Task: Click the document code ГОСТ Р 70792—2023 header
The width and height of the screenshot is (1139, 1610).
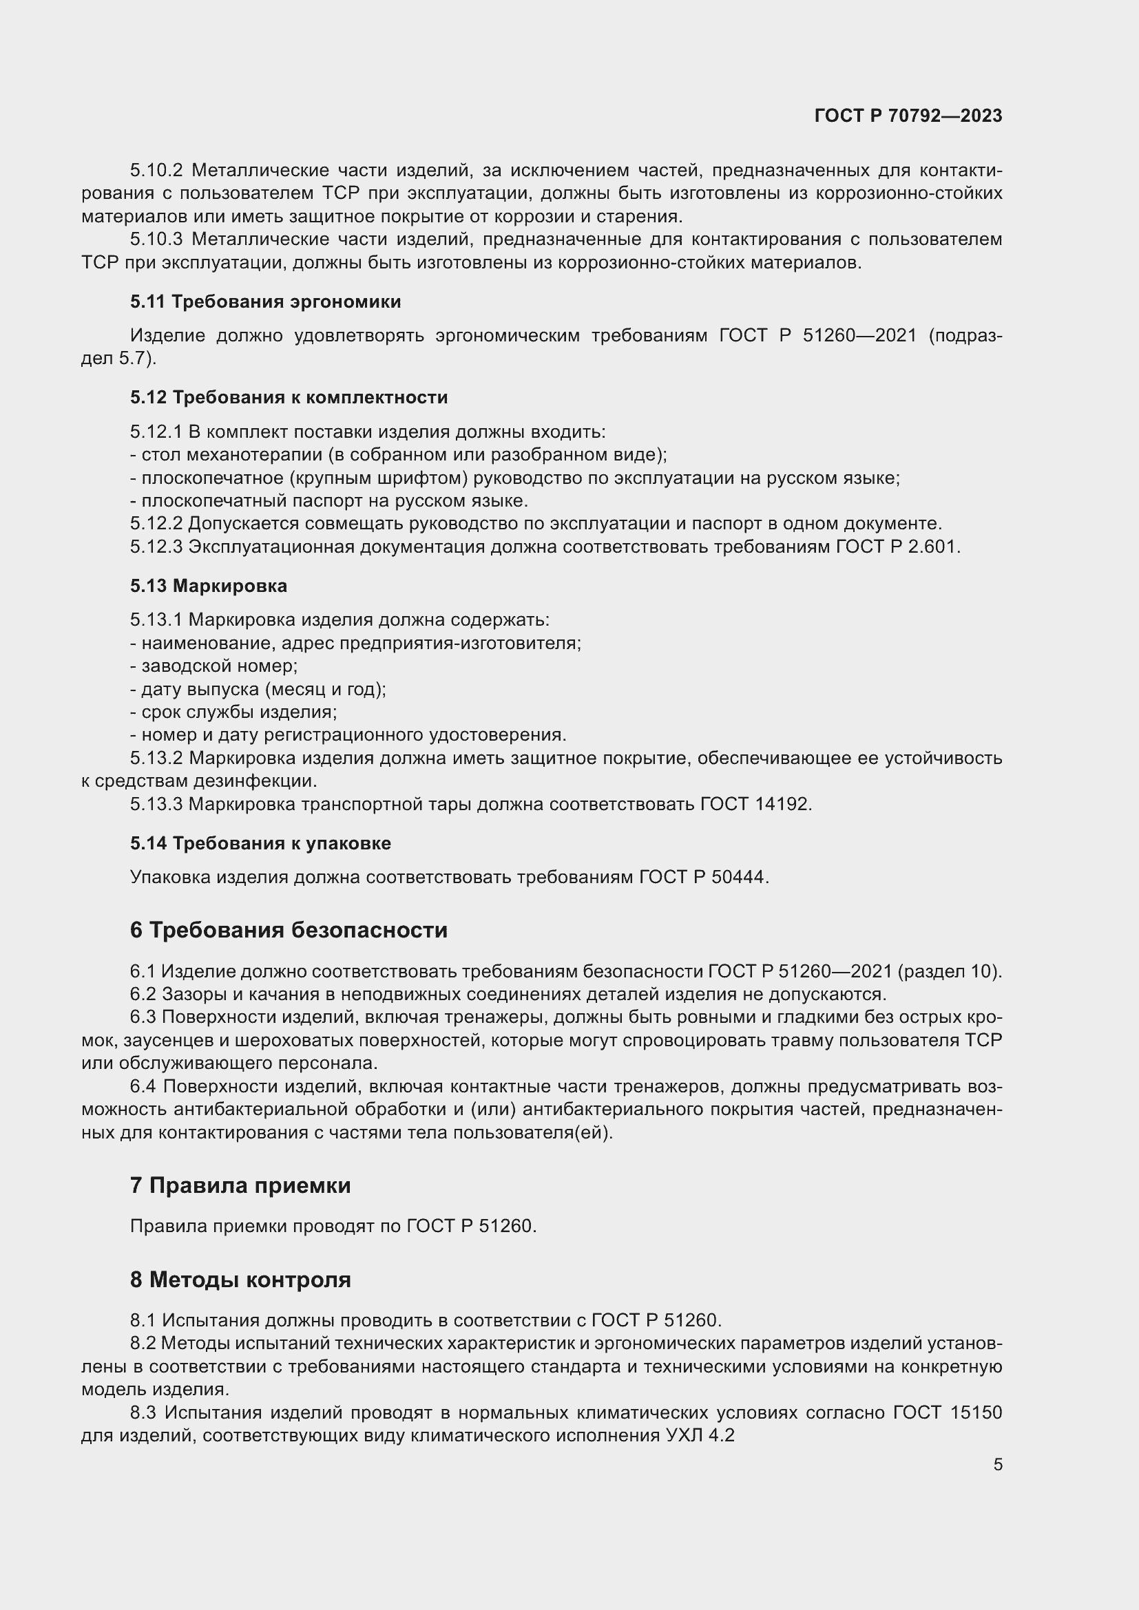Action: (x=908, y=116)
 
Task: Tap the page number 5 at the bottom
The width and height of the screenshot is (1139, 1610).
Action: (x=997, y=1464)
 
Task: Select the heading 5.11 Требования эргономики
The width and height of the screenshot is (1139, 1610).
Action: (x=265, y=301)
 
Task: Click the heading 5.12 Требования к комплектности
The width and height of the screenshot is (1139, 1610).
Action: (x=289, y=397)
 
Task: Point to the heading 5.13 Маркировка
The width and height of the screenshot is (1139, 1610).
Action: (x=208, y=586)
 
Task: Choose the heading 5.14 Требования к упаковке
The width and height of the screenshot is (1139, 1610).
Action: (x=260, y=843)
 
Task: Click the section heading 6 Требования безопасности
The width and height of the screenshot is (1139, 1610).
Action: (x=289, y=930)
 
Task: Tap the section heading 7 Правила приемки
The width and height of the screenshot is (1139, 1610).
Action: (x=240, y=1185)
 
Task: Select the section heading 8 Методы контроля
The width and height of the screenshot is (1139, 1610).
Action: (x=240, y=1279)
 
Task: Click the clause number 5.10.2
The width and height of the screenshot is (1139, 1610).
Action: (x=156, y=171)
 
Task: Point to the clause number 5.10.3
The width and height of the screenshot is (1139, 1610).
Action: (x=156, y=239)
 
